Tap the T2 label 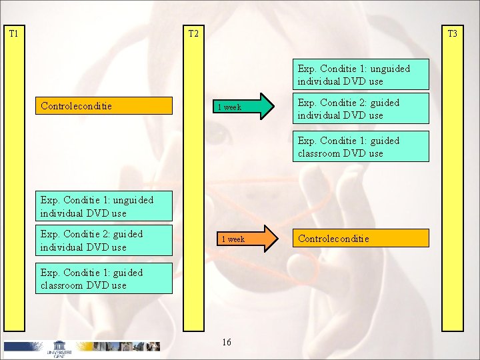pyautogui.click(x=193, y=33)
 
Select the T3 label pyautogui.click(x=452, y=33)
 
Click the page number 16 pyautogui.click(x=226, y=342)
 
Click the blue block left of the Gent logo pyautogui.click(x=24, y=346)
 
